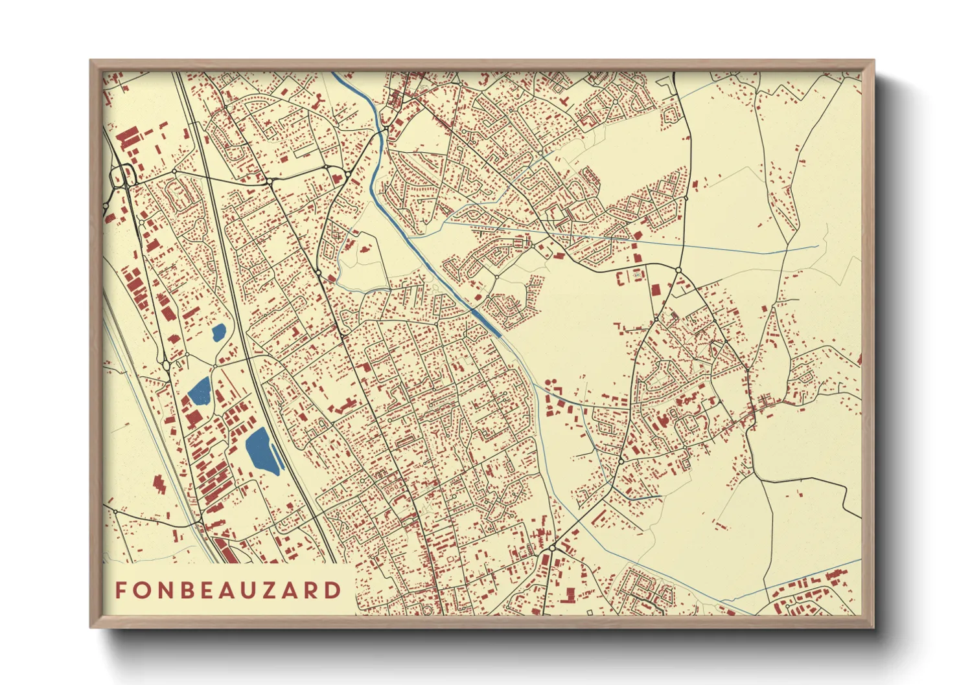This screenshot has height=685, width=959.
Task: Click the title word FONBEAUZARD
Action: pyautogui.click(x=228, y=590)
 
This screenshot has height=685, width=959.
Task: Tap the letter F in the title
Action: pyautogui.click(x=121, y=590)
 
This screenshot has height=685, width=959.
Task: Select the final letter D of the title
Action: pyautogui.click(x=334, y=590)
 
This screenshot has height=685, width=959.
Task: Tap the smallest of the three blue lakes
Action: pyautogui.click(x=219, y=333)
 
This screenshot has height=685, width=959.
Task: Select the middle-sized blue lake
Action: pyautogui.click(x=200, y=391)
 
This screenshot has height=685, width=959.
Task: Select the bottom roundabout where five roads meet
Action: pyautogui.click(x=551, y=548)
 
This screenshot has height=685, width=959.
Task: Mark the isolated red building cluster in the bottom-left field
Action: pyautogui.click(x=158, y=484)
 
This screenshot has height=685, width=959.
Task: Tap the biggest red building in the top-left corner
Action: pyautogui.click(x=128, y=138)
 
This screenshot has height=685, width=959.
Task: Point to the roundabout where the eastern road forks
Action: pyautogui.click(x=678, y=269)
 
